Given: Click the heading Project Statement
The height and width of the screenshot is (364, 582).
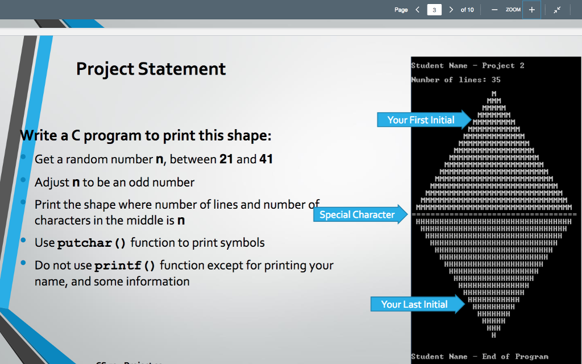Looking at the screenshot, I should pos(151,69).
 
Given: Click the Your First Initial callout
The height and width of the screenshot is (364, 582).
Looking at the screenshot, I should pos(421,120).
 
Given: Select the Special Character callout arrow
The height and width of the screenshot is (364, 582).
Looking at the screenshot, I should pos(357,214).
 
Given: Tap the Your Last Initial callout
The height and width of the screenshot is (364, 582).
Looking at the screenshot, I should pos(414,304).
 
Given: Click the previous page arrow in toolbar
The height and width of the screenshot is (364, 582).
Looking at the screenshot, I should pos(418,10).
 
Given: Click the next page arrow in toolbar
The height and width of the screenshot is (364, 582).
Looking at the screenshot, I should pos(451,10).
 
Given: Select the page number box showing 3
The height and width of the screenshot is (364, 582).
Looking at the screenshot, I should pos(434,10).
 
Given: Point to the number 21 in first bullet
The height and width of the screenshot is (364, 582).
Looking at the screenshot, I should pos(226,159).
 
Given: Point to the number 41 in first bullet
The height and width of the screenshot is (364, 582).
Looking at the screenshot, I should pos(266,159).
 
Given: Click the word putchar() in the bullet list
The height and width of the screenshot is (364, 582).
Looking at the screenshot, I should pos(92,243).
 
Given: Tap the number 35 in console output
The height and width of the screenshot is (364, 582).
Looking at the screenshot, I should pos(496,80).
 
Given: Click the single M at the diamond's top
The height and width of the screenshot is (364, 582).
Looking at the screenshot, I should pos(494,93).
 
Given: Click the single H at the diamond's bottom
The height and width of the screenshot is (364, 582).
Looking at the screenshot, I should pos(494,336).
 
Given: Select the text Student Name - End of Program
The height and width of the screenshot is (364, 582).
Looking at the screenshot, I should pos(480,357).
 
